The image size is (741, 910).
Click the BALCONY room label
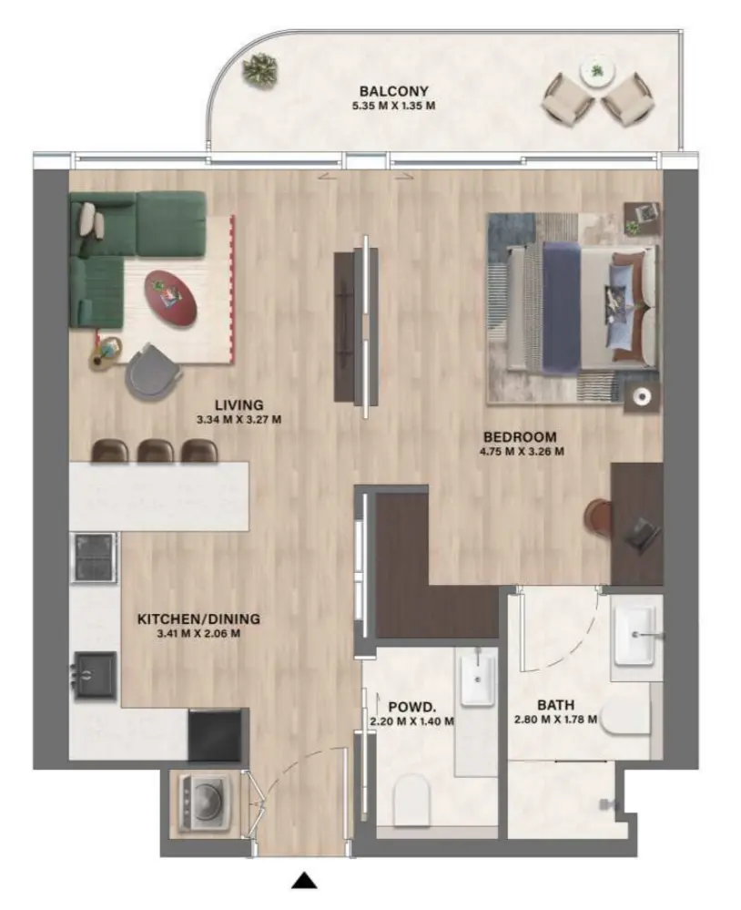point(393,91)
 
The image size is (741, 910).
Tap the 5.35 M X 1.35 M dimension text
point(393,106)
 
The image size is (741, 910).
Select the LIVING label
point(239,404)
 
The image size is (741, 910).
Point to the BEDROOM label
point(521,435)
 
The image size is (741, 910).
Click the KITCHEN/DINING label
point(198,619)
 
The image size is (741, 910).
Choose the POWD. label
point(411,706)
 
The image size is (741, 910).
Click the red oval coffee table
point(173,297)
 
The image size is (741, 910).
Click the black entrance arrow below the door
point(305,880)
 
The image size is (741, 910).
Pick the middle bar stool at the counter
point(156,450)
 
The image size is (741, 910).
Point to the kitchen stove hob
point(95,555)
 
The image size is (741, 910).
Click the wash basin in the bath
point(636,634)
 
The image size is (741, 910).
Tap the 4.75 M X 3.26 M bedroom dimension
point(521,451)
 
